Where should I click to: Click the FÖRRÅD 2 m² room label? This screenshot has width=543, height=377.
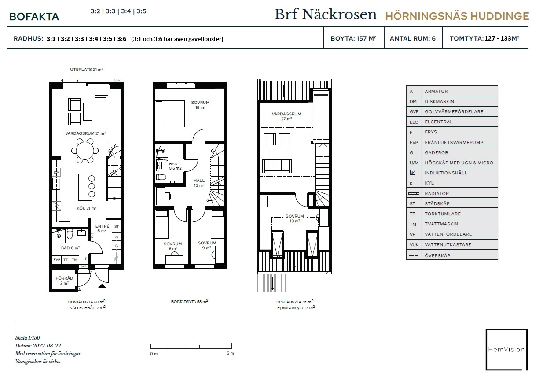pyautogui.click(x=64, y=281)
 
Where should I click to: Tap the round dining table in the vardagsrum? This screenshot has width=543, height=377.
pyautogui.click(x=85, y=151)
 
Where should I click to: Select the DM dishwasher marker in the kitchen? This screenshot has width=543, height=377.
pyautogui.click(x=56, y=173)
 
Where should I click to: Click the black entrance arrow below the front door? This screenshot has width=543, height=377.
pyautogui.click(x=102, y=286)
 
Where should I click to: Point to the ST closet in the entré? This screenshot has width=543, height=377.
pyautogui.click(x=117, y=226)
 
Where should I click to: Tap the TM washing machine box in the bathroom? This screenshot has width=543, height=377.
pyautogui.click(x=74, y=259)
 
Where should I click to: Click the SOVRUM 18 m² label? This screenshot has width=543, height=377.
pyautogui.click(x=200, y=105)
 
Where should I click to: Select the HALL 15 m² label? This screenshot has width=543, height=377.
pyautogui.click(x=199, y=183)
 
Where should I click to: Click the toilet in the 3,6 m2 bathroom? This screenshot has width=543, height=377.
pyautogui.click(x=161, y=177)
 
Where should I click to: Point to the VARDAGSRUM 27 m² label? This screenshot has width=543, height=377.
pyautogui.click(x=286, y=116)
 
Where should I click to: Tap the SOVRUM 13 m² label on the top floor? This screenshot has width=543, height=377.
pyautogui.click(x=294, y=218)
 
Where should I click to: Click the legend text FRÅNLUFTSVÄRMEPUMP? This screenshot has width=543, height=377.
pyautogui.click(x=454, y=142)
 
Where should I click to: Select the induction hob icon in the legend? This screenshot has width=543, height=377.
pyautogui.click(x=412, y=173)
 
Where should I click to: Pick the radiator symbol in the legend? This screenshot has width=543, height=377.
pyautogui.click(x=414, y=193)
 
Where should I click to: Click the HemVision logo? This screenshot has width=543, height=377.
pyautogui.click(x=506, y=349)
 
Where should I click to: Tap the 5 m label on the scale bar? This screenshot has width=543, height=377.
pyautogui.click(x=230, y=353)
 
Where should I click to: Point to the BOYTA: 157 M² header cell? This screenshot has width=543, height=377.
pyautogui.click(x=353, y=38)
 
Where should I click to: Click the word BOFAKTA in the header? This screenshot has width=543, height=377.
pyautogui.click(x=34, y=17)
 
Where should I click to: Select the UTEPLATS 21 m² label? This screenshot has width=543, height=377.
pyautogui.click(x=87, y=70)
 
